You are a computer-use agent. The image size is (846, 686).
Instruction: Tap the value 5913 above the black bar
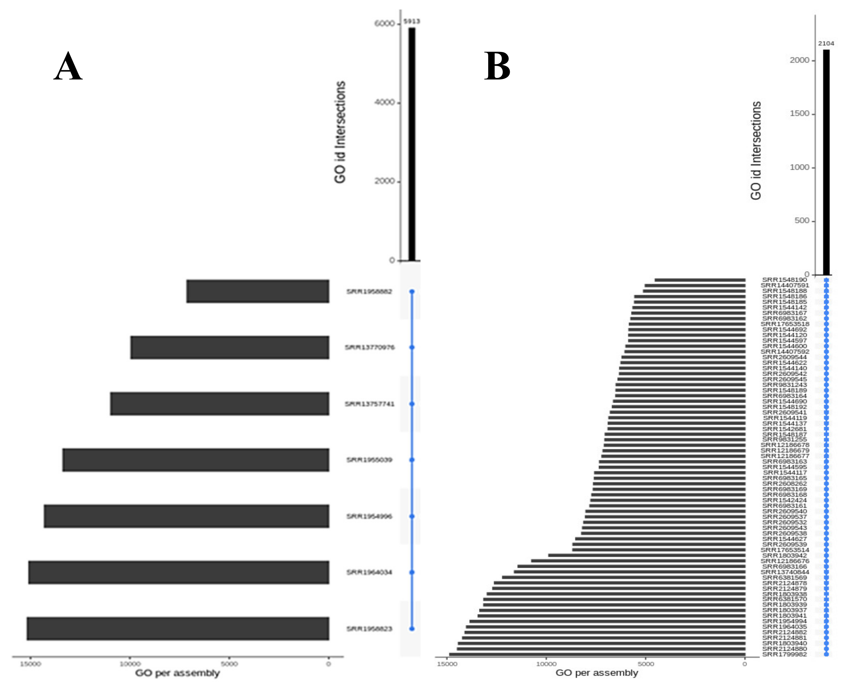click(411, 21)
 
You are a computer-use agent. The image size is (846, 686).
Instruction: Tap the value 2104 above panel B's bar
click(826, 43)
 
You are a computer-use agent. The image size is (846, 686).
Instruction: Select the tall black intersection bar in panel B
click(826, 162)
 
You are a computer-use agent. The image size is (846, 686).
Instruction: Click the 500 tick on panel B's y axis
click(802, 221)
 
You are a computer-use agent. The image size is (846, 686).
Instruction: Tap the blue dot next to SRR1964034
click(412, 572)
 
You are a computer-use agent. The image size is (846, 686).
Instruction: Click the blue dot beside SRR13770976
click(412, 347)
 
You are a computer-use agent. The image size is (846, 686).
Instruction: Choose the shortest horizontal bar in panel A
click(258, 291)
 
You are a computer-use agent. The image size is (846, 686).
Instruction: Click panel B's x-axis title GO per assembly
click(597, 672)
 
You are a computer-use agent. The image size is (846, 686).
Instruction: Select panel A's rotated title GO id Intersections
click(340, 132)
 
